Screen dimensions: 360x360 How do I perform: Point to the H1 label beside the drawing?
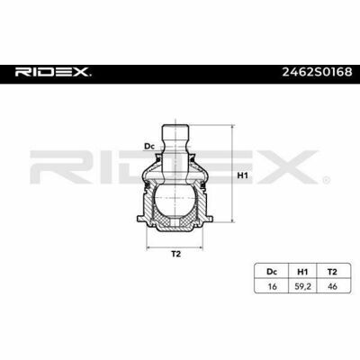click(240, 175)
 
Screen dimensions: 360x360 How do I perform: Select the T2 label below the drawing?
click(176, 255)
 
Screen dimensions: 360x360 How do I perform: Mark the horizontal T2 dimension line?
click(176, 244)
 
